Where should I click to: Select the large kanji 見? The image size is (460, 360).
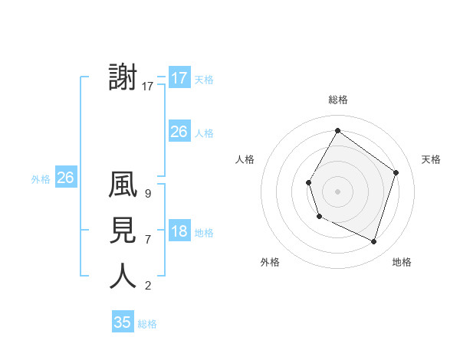pyautogui.click(x=123, y=231)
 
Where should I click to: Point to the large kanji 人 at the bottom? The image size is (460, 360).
pyautogui.click(x=123, y=276)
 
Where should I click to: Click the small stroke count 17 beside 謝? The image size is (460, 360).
pyautogui.click(x=148, y=87)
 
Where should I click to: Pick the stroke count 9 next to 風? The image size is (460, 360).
pyautogui.click(x=148, y=194)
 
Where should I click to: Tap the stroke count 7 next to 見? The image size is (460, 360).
pyautogui.click(x=148, y=240)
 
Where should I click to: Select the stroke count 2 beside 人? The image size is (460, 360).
pyautogui.click(x=148, y=286)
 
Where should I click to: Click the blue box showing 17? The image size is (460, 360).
pyautogui.click(x=179, y=77)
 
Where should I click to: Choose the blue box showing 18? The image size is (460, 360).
pyautogui.click(x=179, y=231)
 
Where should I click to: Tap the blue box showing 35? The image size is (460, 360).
pyautogui.click(x=123, y=322)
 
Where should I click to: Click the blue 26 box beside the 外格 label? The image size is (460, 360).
pyautogui.click(x=65, y=178)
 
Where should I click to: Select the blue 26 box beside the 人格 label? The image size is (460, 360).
pyautogui.click(x=179, y=132)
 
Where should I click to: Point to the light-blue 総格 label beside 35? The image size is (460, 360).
pyautogui.click(x=147, y=324)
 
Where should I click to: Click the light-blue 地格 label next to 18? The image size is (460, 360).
pyautogui.click(x=205, y=233)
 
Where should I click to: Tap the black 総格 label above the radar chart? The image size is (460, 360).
pyautogui.click(x=337, y=100)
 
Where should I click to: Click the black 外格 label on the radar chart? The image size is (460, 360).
pyautogui.click(x=270, y=262)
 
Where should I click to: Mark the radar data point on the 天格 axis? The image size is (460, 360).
pyautogui.click(x=396, y=172)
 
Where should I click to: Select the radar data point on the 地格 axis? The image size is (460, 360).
pyautogui.click(x=373, y=241)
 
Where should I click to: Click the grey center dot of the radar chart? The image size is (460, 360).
pyautogui.click(x=337, y=191)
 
